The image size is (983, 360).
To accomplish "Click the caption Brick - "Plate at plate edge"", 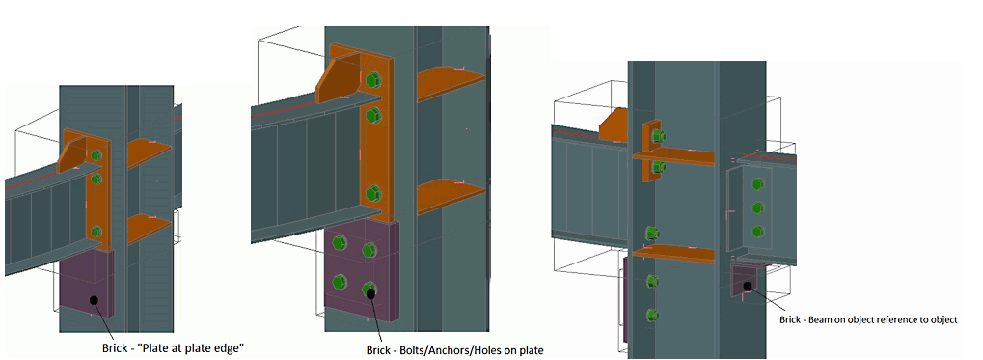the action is tap(173, 347).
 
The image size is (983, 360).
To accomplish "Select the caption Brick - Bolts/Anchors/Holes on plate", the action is tap(454, 350).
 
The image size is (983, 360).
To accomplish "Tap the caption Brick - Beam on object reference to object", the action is tap(869, 319).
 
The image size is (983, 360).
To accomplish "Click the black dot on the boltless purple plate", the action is tap(94, 300).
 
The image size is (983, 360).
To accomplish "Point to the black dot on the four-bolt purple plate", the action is tap(371, 291).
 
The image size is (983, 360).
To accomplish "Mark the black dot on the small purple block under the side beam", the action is tap(748, 286).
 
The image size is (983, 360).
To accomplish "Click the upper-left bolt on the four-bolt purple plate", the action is tap(341, 242).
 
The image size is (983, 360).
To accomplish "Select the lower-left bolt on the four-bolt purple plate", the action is tap(341, 281).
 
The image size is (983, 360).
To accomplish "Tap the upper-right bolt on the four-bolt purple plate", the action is tap(369, 250).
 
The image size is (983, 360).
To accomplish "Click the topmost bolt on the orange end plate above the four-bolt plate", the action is tap(373, 80).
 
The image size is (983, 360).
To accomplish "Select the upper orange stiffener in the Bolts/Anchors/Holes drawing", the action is tap(451, 82).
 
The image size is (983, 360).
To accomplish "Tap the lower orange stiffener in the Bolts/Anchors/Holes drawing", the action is tap(451, 196).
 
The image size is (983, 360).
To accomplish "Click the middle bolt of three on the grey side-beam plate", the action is tap(758, 208).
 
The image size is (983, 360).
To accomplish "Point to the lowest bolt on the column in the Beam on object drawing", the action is tap(652, 314).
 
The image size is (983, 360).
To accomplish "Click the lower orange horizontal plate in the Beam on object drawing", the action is tap(673, 253).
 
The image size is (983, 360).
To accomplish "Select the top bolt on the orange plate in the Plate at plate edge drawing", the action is tap(96, 155).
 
